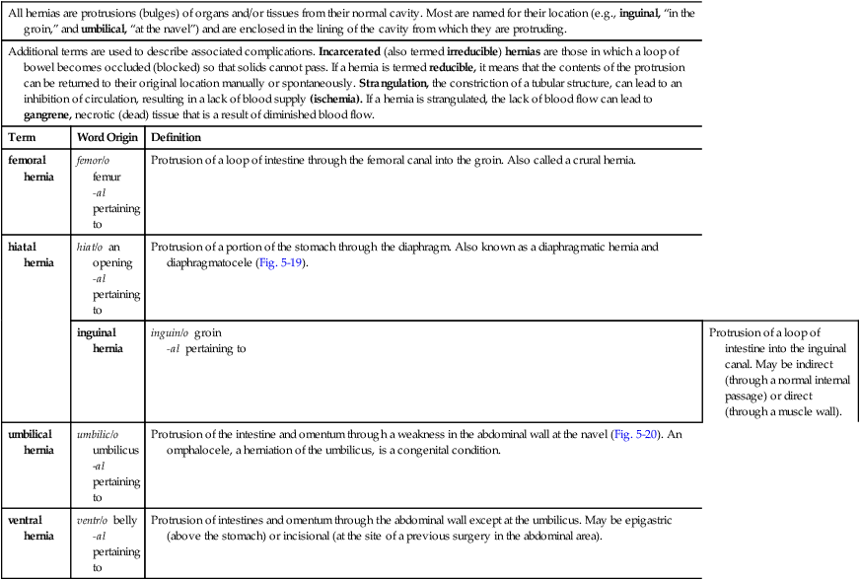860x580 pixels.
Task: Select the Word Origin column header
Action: pyautogui.click(x=107, y=137)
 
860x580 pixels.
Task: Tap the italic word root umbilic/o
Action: pyautogui.click(x=98, y=434)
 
